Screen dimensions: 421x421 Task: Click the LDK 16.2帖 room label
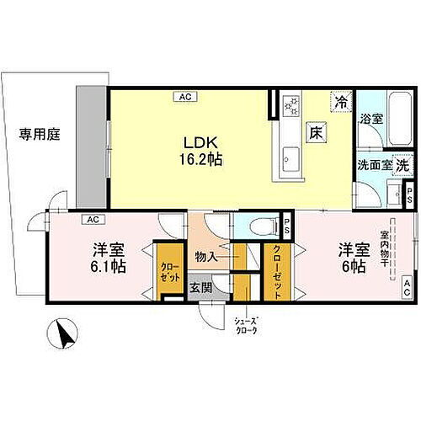202,149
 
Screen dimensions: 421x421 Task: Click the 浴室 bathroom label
371,120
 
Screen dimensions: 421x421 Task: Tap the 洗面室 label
374,165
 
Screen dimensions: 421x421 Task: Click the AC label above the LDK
184,97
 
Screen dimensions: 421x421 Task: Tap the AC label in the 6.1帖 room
89,220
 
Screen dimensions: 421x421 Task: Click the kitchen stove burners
290,105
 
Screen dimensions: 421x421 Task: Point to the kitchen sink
290,157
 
